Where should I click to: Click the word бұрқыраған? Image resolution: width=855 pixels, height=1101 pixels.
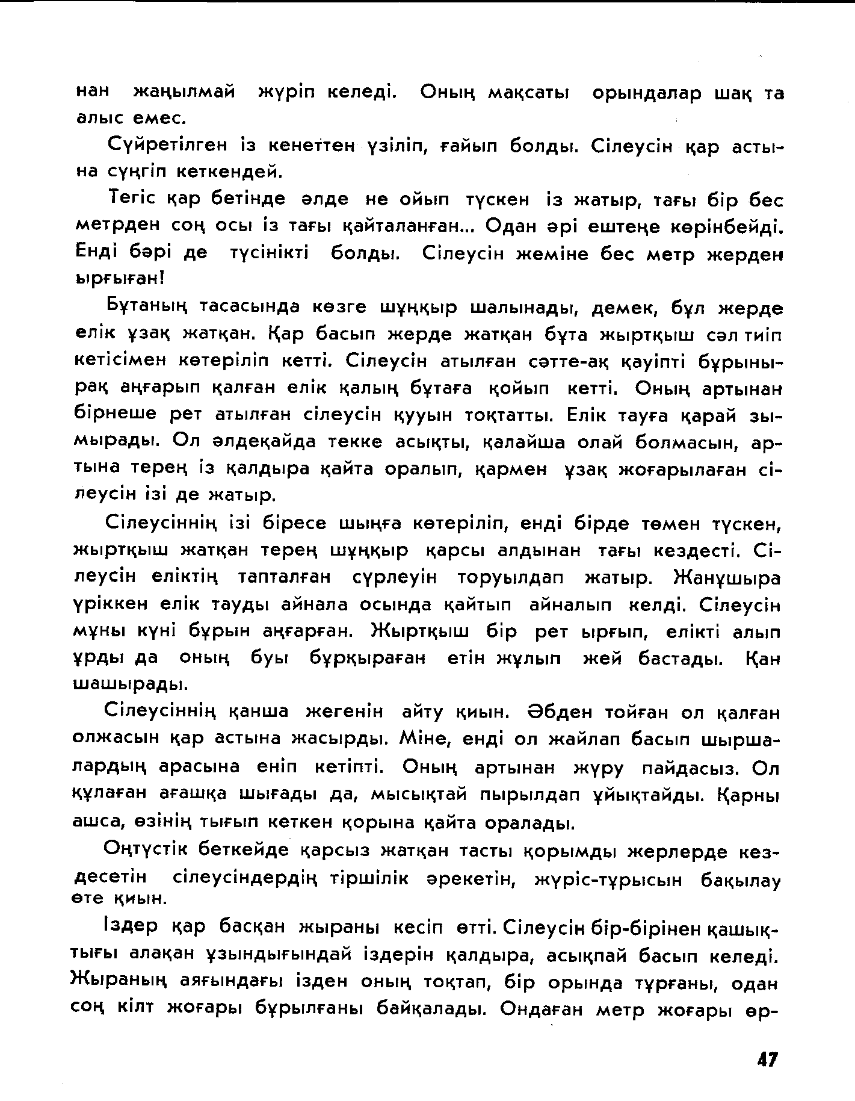coord(368,658)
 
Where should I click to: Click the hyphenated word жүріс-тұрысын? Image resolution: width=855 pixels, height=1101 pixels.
coord(608,880)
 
